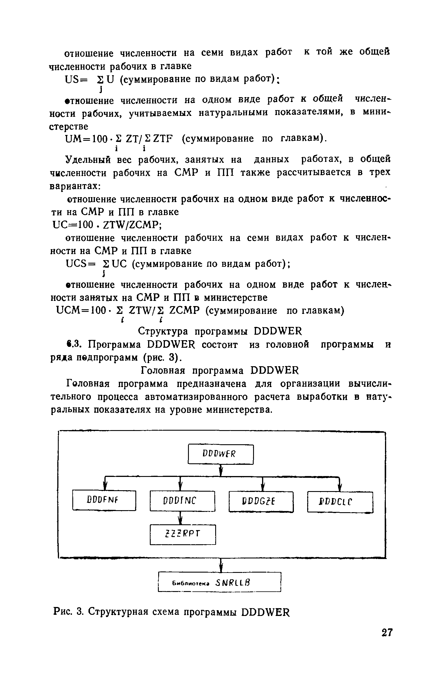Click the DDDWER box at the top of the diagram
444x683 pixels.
220,454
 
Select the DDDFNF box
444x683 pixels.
104,500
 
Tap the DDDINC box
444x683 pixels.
182,501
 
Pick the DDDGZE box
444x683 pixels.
261,501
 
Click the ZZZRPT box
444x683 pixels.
183,534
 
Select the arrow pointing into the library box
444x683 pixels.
221,565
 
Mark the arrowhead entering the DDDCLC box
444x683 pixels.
340,488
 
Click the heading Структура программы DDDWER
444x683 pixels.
220,331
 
